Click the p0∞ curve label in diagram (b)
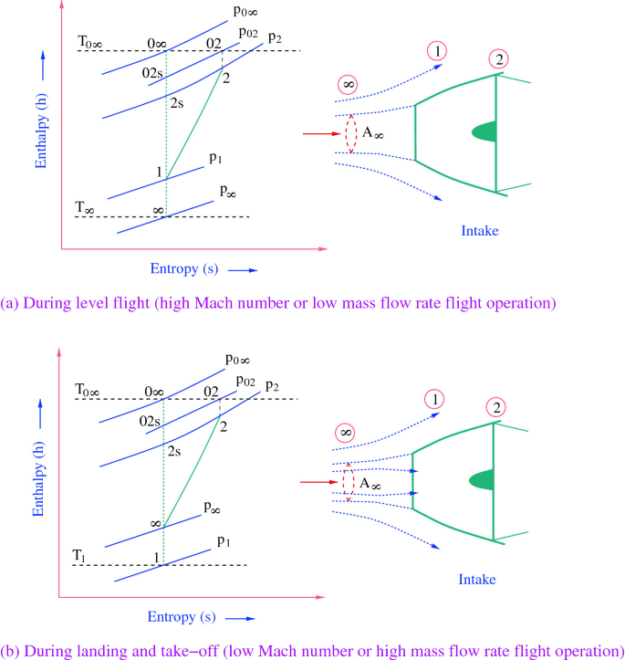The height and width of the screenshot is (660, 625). [240, 360]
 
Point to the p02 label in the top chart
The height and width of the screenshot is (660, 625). [248, 33]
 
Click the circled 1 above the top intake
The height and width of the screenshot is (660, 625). [438, 51]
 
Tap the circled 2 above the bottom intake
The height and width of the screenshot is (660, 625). [497, 406]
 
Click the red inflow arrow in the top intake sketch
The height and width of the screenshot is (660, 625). [320, 133]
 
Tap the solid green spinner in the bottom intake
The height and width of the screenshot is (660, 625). [483, 479]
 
